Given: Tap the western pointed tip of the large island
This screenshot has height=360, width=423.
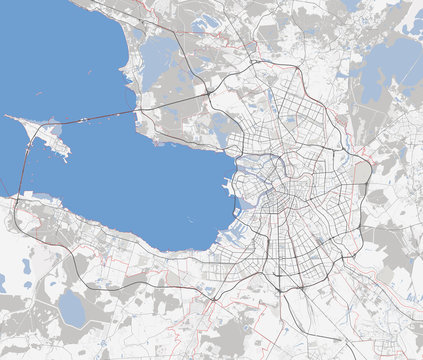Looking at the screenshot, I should (7, 117).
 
